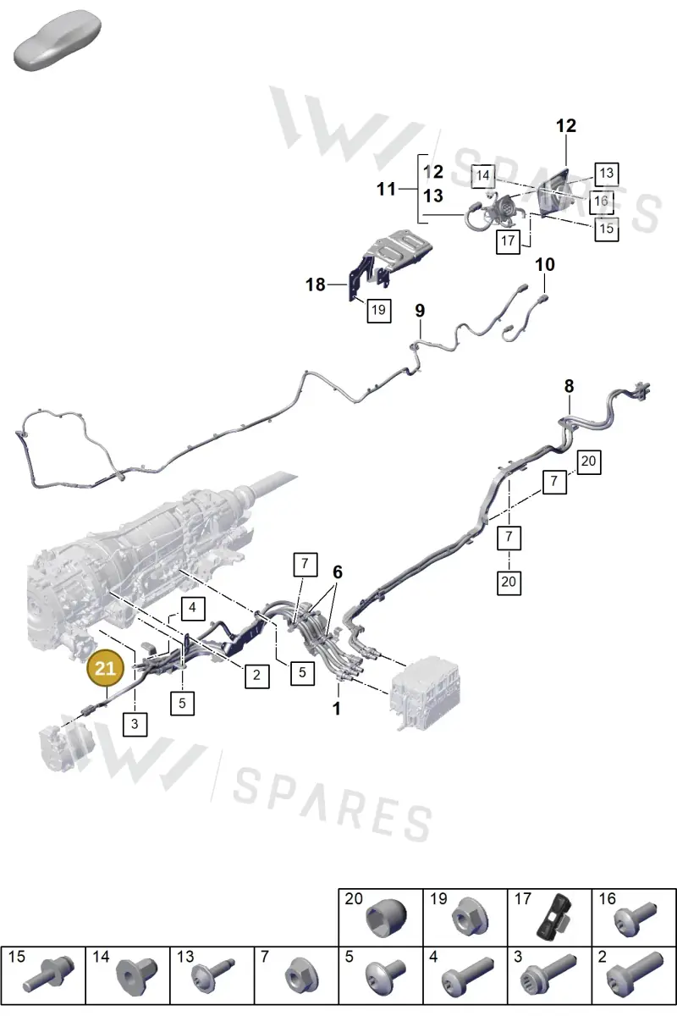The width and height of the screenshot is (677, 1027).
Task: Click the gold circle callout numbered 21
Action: (x=106, y=668)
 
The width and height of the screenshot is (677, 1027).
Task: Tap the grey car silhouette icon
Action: (x=58, y=41)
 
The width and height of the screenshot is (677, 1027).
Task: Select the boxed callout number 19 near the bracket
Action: (x=379, y=310)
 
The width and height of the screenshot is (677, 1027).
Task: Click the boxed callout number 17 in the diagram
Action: (x=508, y=240)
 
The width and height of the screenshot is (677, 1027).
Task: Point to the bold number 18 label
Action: (x=316, y=284)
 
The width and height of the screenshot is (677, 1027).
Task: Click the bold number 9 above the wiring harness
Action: (x=420, y=311)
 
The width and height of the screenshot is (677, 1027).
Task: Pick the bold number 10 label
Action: (x=545, y=264)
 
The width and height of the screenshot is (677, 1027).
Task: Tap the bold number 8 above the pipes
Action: (x=569, y=386)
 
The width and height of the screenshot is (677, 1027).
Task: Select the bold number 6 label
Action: (x=338, y=571)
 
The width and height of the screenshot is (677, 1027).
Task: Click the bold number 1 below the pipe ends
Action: (x=337, y=709)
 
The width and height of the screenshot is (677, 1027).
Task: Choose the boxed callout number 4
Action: (x=192, y=609)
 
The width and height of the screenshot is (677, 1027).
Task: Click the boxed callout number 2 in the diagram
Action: (x=256, y=675)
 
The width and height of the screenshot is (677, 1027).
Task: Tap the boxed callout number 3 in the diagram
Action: (x=135, y=724)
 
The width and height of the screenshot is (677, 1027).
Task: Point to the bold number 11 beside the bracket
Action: (x=386, y=189)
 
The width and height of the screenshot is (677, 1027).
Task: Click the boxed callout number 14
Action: (x=483, y=175)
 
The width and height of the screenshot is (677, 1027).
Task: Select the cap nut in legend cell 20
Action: (x=386, y=918)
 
